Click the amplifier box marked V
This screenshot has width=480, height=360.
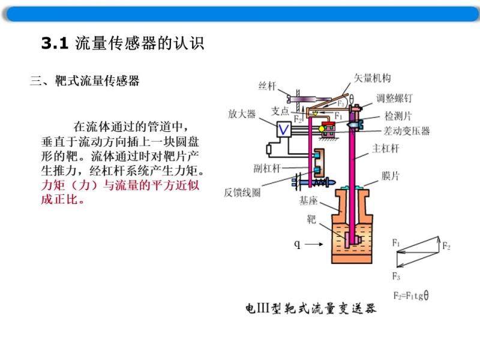283,129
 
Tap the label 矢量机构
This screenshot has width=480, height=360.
372,79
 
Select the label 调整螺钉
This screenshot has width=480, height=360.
394,98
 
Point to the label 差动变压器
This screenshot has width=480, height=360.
407,131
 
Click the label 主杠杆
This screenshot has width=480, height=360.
385,149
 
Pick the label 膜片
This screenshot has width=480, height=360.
391,176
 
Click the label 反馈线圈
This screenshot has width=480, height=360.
242,193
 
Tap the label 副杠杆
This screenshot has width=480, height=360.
267,168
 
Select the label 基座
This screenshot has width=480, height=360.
308,201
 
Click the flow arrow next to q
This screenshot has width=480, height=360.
314,244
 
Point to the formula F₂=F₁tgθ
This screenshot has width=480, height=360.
411,295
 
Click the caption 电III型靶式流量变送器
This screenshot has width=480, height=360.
311,308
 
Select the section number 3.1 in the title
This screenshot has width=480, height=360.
55,43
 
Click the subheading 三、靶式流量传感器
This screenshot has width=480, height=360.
85,81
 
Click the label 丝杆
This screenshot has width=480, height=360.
267,86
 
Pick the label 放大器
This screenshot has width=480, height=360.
242,114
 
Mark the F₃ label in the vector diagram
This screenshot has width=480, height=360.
396,276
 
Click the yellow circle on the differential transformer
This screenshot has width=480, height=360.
321,129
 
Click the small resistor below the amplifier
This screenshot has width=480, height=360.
269,149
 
